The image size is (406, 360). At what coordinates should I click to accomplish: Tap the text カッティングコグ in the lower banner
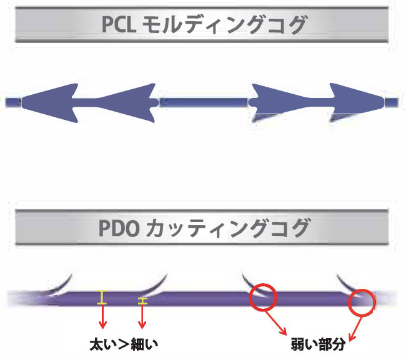(x=226, y=228)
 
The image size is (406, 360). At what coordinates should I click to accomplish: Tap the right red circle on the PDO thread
(x=362, y=302)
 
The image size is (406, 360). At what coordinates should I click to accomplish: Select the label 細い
(x=145, y=344)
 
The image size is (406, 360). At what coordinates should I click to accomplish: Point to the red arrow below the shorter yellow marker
(x=142, y=318)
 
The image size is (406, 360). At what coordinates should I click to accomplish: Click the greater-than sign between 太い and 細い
(x=124, y=344)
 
